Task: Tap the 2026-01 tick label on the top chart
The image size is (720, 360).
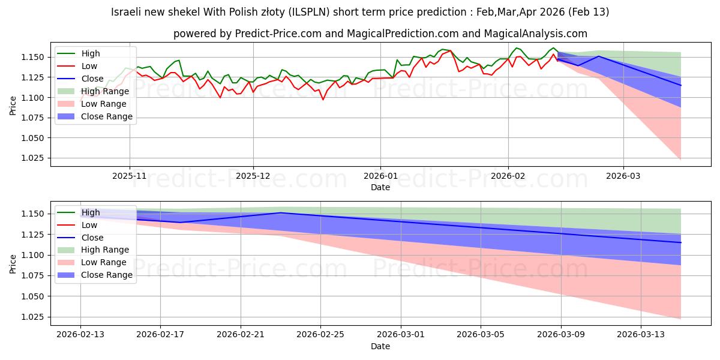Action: pos(380,176)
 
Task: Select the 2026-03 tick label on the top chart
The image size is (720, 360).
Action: pos(623,176)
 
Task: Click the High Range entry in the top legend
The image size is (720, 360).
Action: pos(105,91)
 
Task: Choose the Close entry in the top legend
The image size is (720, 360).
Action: pos(92,79)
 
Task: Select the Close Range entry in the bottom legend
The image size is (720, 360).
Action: pos(107,275)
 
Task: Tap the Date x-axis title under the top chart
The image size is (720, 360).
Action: pos(380,187)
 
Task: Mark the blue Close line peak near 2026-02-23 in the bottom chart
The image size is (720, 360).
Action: pos(281,212)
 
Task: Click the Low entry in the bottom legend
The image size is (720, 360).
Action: pos(89,225)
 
